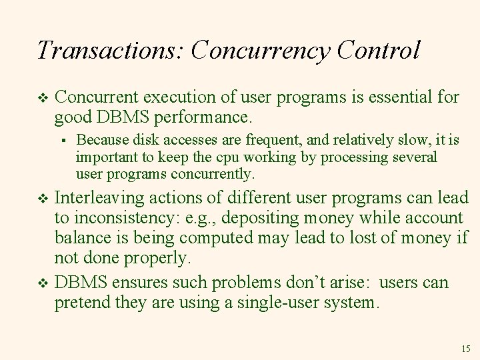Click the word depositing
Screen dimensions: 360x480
(x=268, y=219)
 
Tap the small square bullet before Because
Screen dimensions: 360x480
(x=61, y=141)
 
